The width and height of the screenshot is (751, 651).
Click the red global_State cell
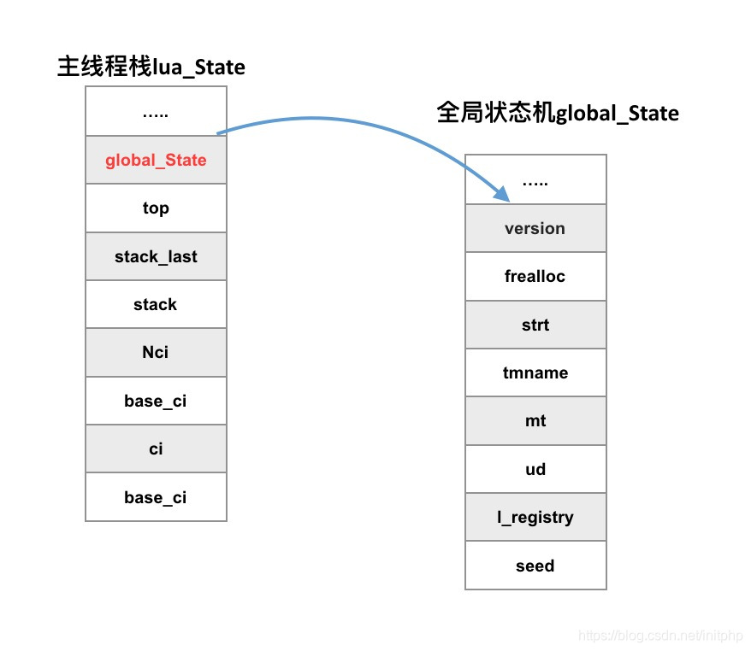tap(156, 160)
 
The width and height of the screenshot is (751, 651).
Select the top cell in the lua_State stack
tap(156, 208)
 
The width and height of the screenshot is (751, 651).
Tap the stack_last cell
tap(156, 256)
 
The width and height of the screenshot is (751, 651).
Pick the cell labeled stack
tap(156, 304)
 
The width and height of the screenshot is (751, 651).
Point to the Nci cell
tap(156, 352)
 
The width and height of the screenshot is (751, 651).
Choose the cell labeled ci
tap(156, 449)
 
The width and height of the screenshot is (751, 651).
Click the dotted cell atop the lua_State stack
tap(156, 112)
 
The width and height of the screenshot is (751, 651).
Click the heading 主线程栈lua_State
tap(151, 67)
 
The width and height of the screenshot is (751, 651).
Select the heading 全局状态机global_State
tap(558, 113)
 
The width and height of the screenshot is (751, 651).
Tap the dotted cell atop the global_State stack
tap(535, 180)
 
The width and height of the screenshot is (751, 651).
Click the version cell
tap(535, 228)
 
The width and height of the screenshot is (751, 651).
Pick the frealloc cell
tap(535, 276)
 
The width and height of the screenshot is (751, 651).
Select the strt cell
tap(535, 325)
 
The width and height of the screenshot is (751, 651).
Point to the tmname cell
tap(535, 372)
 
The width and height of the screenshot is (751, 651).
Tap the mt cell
tap(535, 420)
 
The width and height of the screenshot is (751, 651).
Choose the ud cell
tap(535, 469)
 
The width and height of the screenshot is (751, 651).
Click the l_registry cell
tap(535, 517)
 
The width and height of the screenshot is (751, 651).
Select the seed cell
tap(535, 566)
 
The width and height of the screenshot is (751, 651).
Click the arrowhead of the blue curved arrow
tap(503, 196)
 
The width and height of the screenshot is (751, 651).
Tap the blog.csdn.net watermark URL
tap(660, 636)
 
